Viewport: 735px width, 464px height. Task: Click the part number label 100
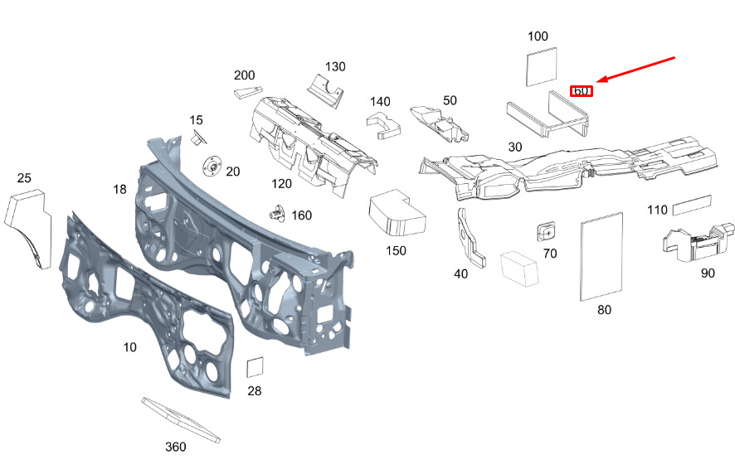(538, 36)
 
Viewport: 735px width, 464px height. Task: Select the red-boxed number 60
(582, 91)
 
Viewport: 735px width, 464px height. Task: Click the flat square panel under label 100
(542, 66)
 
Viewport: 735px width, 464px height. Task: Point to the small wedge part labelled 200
(248, 91)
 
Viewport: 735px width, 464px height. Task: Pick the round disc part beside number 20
(213, 167)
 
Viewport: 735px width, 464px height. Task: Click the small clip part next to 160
(278, 214)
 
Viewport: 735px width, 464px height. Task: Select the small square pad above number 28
(255, 367)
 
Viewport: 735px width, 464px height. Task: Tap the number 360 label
(176, 447)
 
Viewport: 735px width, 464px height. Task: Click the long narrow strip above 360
(181, 420)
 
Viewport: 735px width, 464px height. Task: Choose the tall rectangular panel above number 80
(601, 257)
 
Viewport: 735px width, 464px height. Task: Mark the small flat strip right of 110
(692, 205)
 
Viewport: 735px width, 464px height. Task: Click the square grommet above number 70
(546, 231)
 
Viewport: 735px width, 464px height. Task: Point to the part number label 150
(396, 251)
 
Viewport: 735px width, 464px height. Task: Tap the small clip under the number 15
(197, 138)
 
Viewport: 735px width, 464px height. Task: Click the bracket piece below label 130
(325, 91)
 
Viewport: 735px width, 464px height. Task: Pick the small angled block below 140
(383, 125)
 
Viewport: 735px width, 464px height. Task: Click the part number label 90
(708, 273)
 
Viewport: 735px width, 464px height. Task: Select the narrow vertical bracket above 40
(470, 239)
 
